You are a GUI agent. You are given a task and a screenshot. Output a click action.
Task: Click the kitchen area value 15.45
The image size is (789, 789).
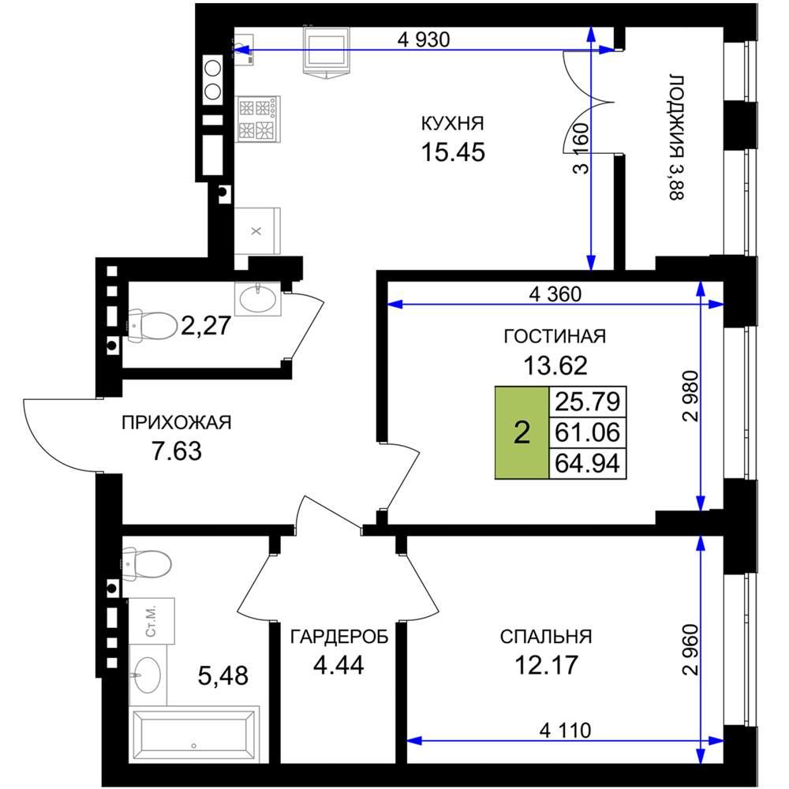(453, 152)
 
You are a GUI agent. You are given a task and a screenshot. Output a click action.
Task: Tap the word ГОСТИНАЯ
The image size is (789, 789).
(555, 336)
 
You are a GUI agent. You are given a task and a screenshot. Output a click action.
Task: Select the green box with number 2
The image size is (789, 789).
(522, 432)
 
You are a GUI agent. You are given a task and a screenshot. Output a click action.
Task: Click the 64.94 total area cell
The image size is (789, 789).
(587, 463)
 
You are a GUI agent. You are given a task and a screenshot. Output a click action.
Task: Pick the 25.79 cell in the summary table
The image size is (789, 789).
(587, 402)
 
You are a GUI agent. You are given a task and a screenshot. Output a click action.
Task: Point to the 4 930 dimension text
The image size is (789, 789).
(423, 39)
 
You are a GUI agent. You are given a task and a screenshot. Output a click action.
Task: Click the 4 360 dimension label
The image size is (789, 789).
(555, 294)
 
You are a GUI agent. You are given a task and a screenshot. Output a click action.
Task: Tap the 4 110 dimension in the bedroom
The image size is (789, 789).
(565, 730)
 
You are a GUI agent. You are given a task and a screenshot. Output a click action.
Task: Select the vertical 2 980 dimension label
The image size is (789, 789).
(691, 396)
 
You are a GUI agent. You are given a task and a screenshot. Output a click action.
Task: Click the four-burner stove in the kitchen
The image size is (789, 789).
(258, 119)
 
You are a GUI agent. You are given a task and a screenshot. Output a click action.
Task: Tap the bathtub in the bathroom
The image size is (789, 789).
(194, 735)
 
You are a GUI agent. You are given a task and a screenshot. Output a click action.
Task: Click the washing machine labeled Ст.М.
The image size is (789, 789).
(151, 621)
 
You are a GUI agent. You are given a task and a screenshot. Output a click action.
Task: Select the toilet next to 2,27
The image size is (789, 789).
(152, 325)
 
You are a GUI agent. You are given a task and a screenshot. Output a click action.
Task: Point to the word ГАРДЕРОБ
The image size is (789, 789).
(339, 637)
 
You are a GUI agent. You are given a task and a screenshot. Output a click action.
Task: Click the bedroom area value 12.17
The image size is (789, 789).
(546, 665)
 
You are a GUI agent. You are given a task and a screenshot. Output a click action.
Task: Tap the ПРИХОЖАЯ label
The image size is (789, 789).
(177, 423)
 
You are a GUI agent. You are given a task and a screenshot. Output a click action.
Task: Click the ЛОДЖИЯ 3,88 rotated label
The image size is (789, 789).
(677, 137)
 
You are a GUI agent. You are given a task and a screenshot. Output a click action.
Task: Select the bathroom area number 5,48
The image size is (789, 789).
(223, 676)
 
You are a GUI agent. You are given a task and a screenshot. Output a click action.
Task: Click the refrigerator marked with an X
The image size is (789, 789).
(257, 231)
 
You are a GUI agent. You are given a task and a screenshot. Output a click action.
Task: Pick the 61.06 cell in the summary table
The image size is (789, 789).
(587, 432)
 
